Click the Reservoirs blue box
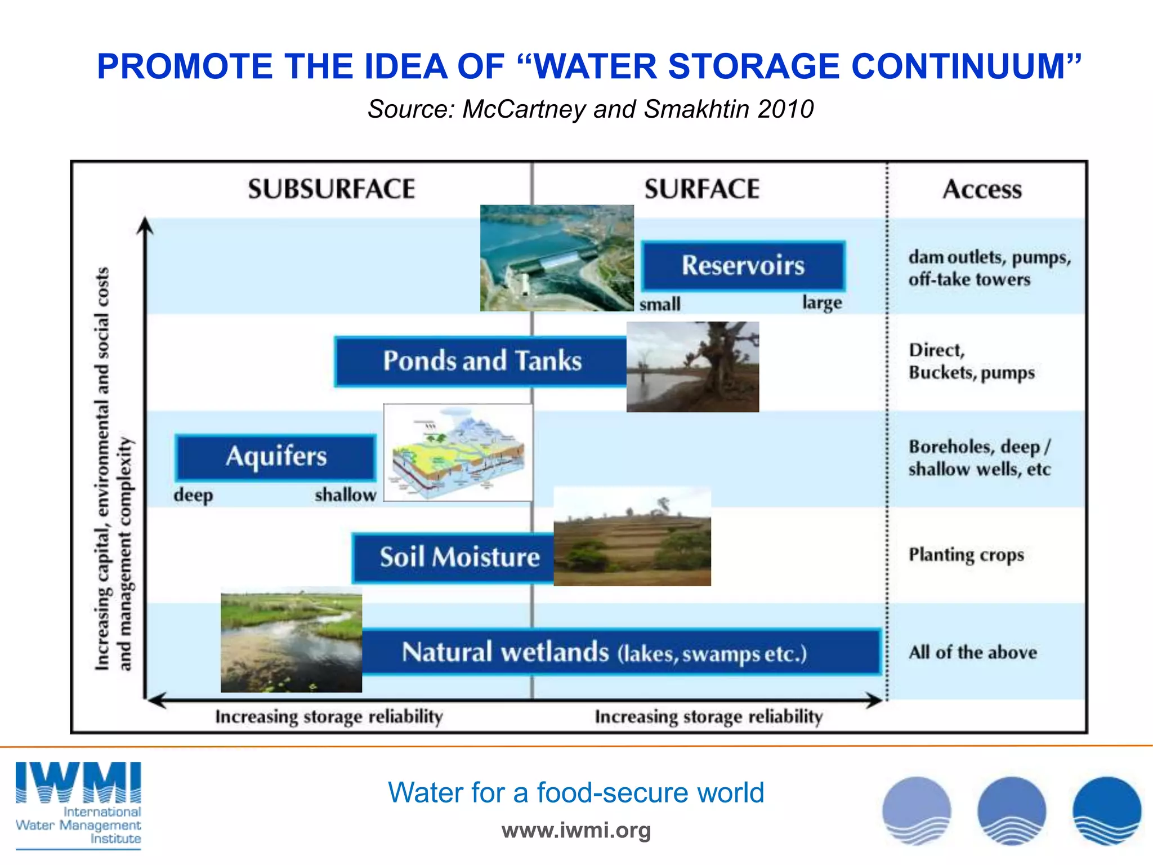(x=743, y=265)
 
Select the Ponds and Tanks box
(x=481, y=361)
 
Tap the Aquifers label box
(x=276, y=456)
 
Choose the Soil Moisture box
(x=454, y=557)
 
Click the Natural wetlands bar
(x=619, y=652)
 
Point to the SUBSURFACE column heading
(x=332, y=189)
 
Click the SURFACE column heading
(x=702, y=189)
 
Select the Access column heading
(x=982, y=189)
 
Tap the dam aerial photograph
(x=557, y=258)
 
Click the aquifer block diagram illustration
(x=458, y=452)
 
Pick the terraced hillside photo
(x=632, y=537)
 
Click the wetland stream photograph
(x=291, y=640)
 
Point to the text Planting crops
(x=966, y=555)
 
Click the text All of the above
(x=972, y=652)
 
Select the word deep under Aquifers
(x=193, y=496)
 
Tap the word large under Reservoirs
(x=822, y=302)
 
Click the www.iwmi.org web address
(x=576, y=830)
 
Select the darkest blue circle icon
(x=1106, y=811)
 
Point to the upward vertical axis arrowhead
(x=145, y=225)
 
